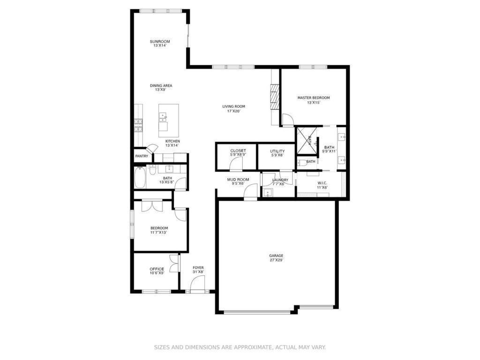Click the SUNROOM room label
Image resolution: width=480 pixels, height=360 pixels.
click(x=160, y=41)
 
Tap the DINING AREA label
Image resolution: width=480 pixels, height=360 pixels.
click(x=161, y=85)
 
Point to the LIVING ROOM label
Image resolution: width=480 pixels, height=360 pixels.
click(x=233, y=106)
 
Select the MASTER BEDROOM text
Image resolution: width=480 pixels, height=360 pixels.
click(x=314, y=97)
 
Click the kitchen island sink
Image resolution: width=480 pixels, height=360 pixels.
click(x=163, y=116)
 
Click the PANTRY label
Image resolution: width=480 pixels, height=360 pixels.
click(x=142, y=156)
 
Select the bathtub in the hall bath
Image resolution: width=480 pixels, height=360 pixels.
click(x=140, y=177)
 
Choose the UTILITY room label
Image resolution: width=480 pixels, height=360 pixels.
click(x=277, y=151)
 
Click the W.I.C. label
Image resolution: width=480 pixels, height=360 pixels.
click(x=322, y=183)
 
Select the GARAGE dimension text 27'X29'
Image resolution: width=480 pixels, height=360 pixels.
click(x=276, y=260)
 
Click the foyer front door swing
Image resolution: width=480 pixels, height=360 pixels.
click(x=197, y=283)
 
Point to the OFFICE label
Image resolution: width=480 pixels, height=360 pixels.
click(x=157, y=269)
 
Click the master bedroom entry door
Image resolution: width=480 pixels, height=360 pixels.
click(x=288, y=120)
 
